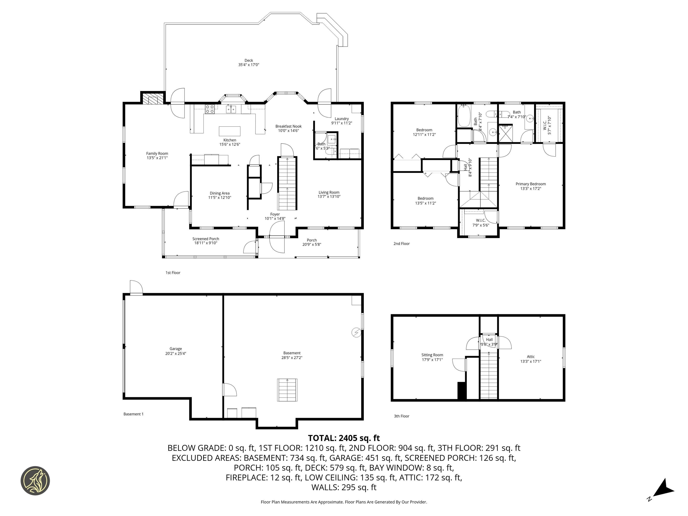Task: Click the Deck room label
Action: [249, 60]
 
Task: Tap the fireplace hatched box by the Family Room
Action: [153, 99]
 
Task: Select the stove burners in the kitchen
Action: [210, 109]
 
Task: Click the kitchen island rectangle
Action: [230, 131]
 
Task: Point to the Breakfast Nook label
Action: [288, 126]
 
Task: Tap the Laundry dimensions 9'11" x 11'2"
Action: [341, 123]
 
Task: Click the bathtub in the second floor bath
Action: [464, 116]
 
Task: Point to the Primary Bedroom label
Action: [531, 184]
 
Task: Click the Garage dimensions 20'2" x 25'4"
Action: [176, 353]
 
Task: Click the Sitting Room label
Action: [432, 355]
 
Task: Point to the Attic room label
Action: [531, 357]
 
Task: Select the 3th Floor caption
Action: [402, 416]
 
